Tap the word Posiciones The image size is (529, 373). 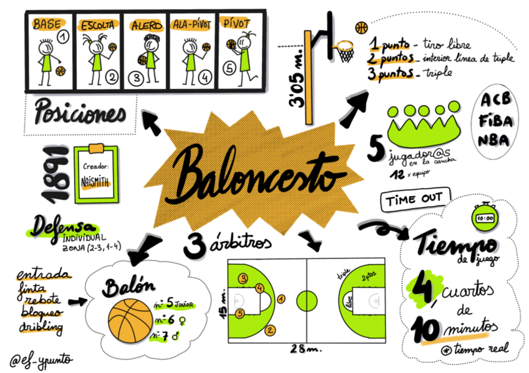(x=80, y=113)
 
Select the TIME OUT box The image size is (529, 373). (x=415, y=201)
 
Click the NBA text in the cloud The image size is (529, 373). (x=493, y=139)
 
